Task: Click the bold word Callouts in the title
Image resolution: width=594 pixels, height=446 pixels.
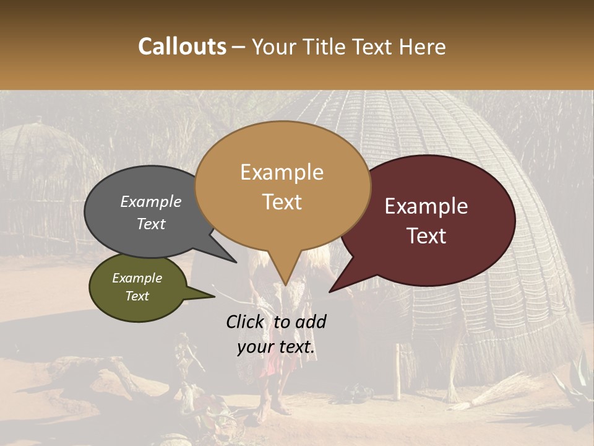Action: (x=182, y=46)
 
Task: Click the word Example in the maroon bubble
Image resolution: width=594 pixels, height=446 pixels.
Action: (x=426, y=206)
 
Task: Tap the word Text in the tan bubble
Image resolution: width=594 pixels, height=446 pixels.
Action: (x=282, y=202)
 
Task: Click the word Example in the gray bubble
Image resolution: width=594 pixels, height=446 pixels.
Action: (x=151, y=201)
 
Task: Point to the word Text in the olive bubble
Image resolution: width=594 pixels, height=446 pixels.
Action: (x=137, y=296)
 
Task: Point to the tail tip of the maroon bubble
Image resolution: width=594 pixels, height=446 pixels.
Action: (x=330, y=291)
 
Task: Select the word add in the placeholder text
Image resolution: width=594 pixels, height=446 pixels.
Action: (x=311, y=321)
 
